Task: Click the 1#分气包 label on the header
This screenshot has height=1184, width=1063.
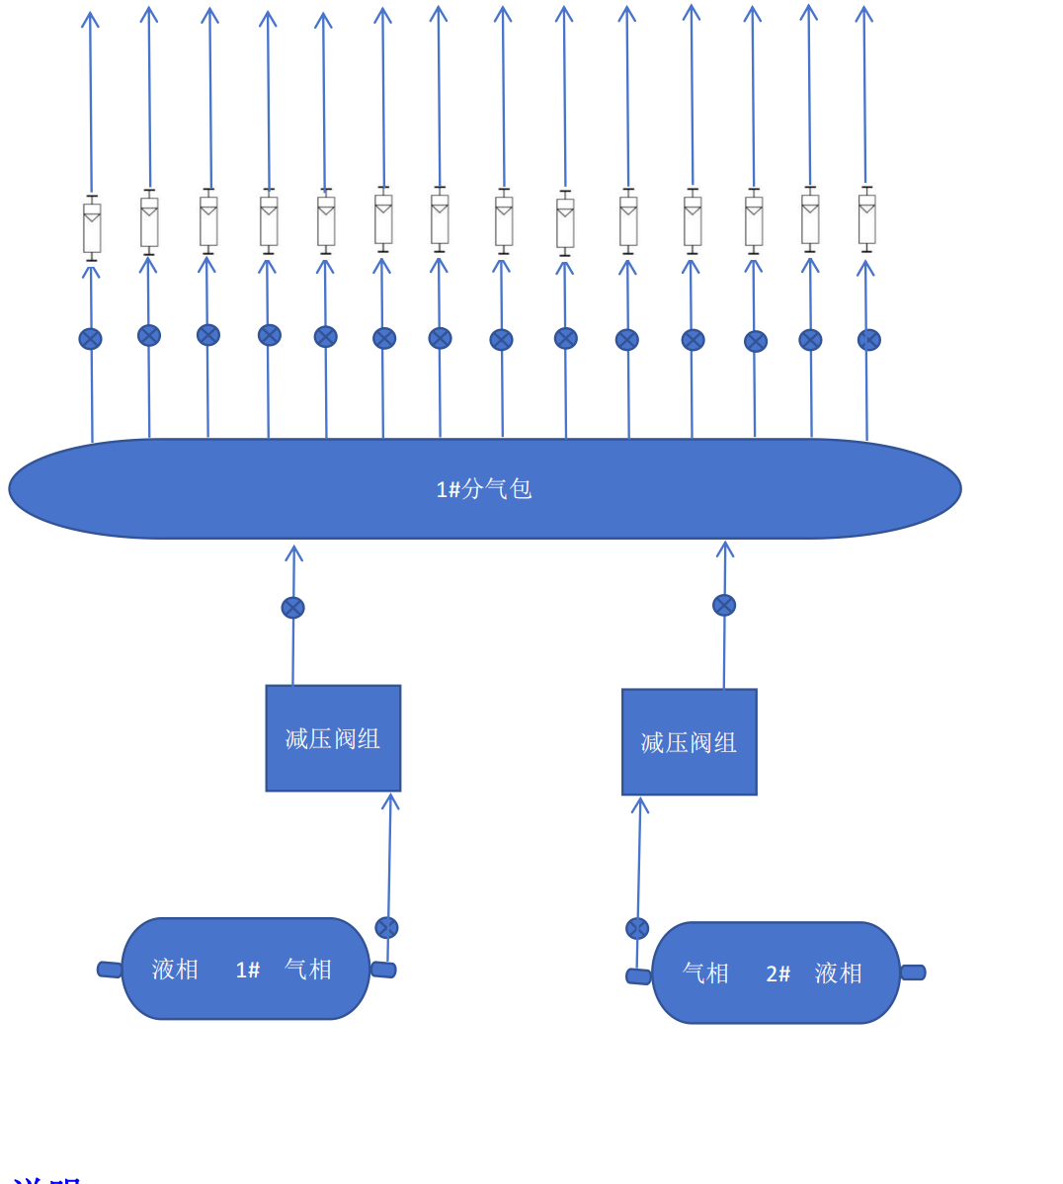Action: tap(484, 489)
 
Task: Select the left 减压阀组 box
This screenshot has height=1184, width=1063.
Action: tap(333, 738)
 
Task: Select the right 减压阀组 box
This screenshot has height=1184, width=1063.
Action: tap(690, 742)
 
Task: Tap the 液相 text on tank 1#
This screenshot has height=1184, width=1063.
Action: tap(176, 970)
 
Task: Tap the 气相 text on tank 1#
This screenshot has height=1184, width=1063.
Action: tap(308, 970)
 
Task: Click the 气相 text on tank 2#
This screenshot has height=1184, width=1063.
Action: tap(705, 973)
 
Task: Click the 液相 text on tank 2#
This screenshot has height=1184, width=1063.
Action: tap(839, 973)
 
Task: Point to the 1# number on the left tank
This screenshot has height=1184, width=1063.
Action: tap(248, 971)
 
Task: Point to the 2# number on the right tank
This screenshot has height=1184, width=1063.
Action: tap(778, 974)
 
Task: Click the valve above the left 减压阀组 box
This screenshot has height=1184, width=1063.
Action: tap(292, 608)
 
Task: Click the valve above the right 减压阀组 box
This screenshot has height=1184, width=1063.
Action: tap(724, 605)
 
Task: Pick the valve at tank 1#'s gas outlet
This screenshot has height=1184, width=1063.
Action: tap(386, 928)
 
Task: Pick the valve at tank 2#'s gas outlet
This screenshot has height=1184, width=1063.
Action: tap(637, 929)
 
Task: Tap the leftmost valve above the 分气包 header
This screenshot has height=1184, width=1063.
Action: tap(90, 339)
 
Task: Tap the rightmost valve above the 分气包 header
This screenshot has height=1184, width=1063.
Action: tap(868, 340)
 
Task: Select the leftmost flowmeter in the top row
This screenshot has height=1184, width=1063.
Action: tap(92, 228)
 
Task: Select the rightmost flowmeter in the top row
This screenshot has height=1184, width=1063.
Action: tap(866, 219)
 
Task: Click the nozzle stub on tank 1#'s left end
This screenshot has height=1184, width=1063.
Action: tap(110, 970)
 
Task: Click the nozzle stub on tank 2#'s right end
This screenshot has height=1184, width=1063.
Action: tap(913, 973)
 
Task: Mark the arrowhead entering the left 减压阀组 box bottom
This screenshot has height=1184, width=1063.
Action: tap(390, 801)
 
